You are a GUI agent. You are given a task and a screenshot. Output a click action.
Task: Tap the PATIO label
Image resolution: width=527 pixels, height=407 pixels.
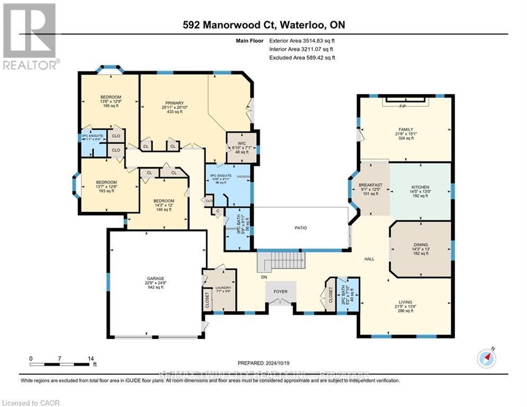pyautogui.click(x=301, y=228)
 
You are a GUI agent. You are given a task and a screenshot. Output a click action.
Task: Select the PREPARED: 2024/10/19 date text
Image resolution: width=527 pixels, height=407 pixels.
pyautogui.click(x=264, y=363)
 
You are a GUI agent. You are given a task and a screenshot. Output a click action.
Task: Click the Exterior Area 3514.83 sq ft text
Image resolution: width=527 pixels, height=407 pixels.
pyautogui.click(x=302, y=40)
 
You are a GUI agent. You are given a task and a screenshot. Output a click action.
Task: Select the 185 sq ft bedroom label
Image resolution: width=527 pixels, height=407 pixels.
pyautogui.click(x=111, y=101)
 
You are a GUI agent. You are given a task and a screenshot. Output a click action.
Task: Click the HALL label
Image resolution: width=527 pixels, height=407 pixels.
pyautogui.click(x=369, y=259)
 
